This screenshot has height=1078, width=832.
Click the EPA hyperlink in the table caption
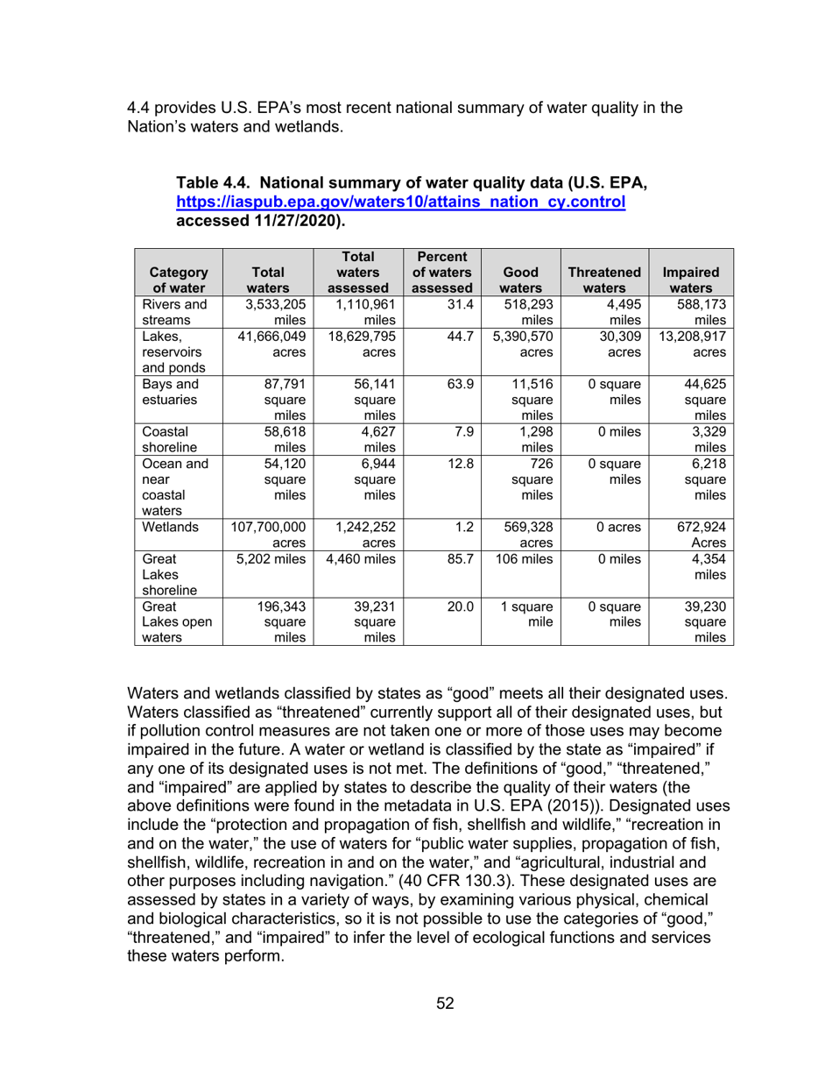[400, 202]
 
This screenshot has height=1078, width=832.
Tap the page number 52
[445, 1004]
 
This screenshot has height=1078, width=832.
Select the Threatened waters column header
[605, 280]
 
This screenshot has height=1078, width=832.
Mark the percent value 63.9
[454, 383]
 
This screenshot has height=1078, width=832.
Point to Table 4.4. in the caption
[214, 184]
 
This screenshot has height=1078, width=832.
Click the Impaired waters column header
[692, 280]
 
